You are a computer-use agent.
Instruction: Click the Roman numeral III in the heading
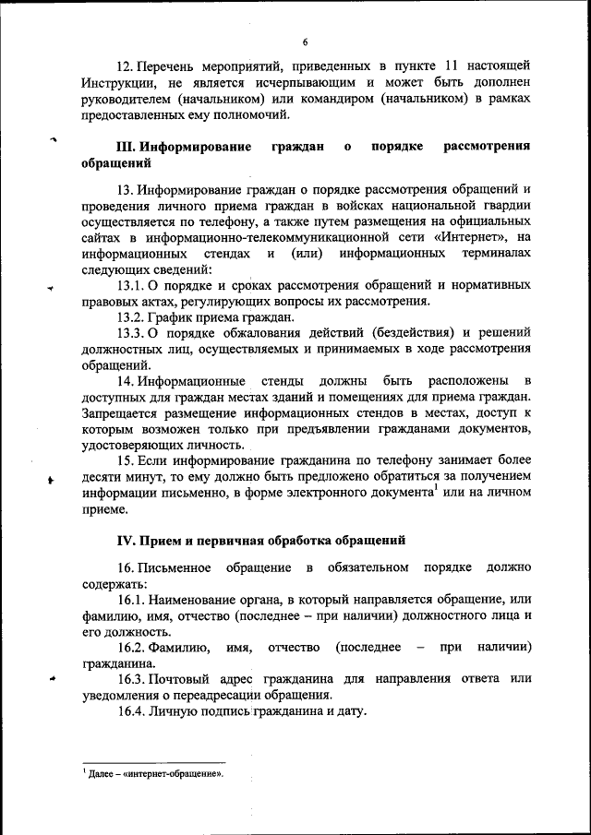[x=125, y=148]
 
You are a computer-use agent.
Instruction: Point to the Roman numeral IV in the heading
[x=126, y=540]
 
